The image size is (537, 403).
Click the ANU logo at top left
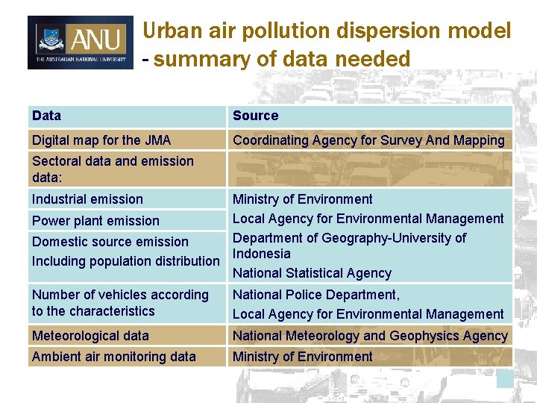81,43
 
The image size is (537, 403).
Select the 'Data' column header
47,116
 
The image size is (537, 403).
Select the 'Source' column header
255,116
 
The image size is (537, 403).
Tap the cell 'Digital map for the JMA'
101,140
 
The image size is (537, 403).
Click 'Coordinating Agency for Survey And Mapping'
368,140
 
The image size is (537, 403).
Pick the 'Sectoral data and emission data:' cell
113,169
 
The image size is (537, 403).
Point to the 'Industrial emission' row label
87,199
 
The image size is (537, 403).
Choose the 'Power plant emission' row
95,221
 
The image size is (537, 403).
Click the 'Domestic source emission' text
110,242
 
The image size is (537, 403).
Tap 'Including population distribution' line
125,261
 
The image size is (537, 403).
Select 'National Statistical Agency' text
312,273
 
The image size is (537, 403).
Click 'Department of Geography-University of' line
349,238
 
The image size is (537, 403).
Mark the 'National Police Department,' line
316,295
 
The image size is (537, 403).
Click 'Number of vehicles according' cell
120,295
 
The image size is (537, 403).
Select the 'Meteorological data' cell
90,336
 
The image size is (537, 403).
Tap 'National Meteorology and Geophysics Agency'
370,336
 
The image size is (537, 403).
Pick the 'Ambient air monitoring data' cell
113,357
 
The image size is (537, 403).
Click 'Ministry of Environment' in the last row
302,357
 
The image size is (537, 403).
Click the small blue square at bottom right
506,379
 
